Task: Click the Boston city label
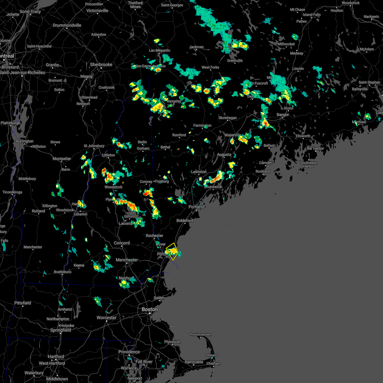150,309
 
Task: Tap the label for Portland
196,207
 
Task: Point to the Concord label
122,243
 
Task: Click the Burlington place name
25,141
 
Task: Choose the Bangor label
283,115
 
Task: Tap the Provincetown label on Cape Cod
200,334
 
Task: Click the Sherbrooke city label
101,64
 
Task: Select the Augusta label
224,154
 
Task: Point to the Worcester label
107,318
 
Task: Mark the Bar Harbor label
315,148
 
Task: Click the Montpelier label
62,159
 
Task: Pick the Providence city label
129,352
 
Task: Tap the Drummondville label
67,25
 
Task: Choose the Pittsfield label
23,303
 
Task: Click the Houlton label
337,11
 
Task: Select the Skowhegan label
228,118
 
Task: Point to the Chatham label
214,364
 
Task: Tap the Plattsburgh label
11,123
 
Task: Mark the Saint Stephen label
369,82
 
